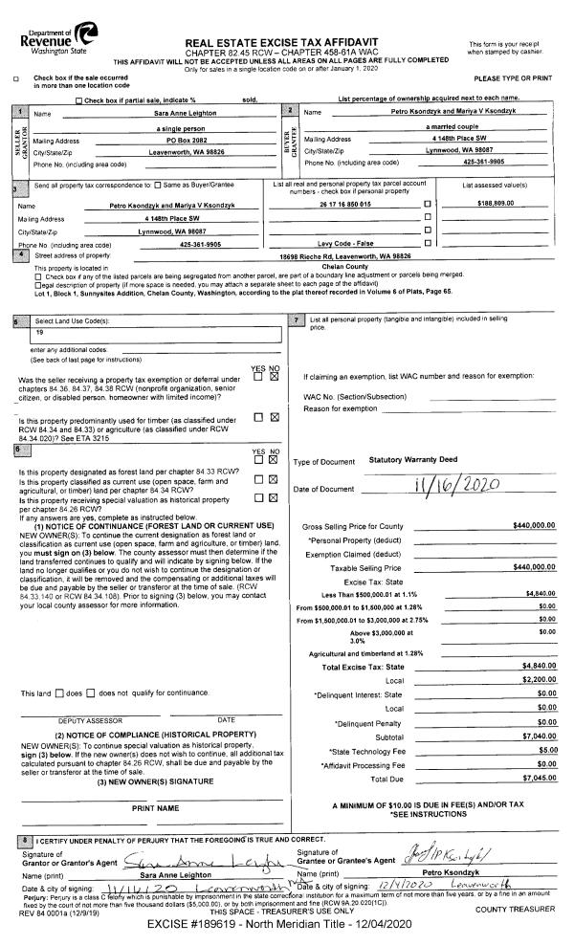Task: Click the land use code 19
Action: pos(41,305)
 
